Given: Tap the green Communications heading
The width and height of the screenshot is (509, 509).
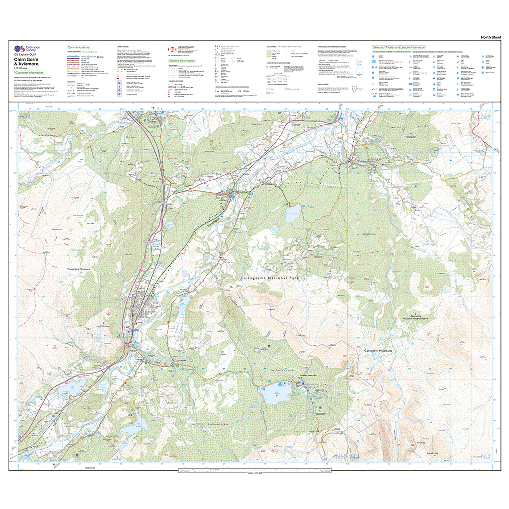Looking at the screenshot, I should [79, 47].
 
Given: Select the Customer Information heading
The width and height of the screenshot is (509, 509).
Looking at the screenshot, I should [29, 72].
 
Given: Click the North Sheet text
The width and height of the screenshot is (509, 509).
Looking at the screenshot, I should [491, 37].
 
